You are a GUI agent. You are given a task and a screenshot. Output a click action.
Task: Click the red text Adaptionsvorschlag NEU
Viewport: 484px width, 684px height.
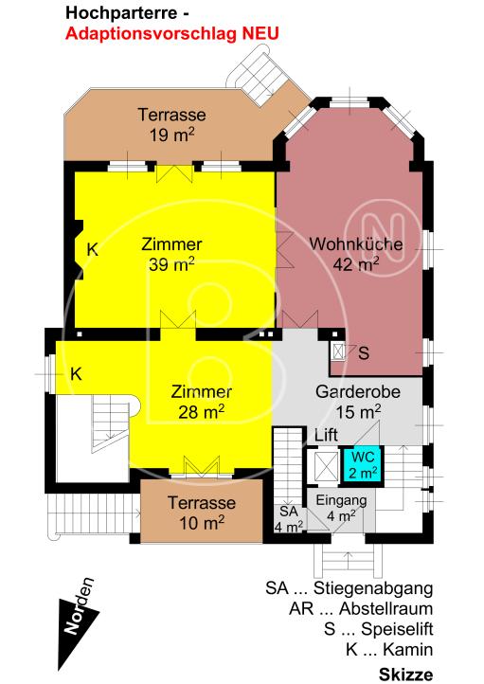point(171,34)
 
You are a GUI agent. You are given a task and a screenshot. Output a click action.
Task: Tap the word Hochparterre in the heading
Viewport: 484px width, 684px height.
point(121,13)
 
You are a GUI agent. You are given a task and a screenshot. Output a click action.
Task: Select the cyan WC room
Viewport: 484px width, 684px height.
point(363,464)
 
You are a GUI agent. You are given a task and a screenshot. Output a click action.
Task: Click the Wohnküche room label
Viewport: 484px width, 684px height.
point(356,243)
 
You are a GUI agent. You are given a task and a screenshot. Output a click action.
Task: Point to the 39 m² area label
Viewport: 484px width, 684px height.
point(171,264)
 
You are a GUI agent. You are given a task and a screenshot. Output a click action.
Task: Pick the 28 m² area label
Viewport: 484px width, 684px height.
point(202,411)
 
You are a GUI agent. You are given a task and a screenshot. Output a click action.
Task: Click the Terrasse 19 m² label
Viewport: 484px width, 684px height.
point(171,125)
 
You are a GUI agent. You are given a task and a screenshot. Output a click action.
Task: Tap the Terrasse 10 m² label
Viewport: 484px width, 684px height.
point(202,513)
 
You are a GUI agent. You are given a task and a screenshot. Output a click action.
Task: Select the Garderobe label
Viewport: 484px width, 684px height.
point(357,391)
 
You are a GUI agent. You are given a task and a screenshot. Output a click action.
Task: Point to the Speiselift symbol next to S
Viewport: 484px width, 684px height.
point(338,351)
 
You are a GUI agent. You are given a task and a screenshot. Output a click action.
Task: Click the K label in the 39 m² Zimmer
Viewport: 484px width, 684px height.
point(92,250)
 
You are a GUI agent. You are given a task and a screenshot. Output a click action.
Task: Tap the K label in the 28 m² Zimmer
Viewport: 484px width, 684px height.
point(76,374)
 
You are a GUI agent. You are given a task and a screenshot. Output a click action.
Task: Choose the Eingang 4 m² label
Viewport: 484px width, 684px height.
point(341,508)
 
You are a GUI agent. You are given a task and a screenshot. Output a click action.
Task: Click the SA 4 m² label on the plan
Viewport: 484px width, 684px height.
point(289,518)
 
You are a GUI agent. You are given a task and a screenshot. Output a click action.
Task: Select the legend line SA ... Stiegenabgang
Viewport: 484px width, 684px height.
point(350,588)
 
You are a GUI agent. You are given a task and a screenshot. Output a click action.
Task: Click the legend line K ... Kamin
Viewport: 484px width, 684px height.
point(389,650)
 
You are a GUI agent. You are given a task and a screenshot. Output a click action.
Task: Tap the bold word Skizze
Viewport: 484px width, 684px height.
point(406,675)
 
